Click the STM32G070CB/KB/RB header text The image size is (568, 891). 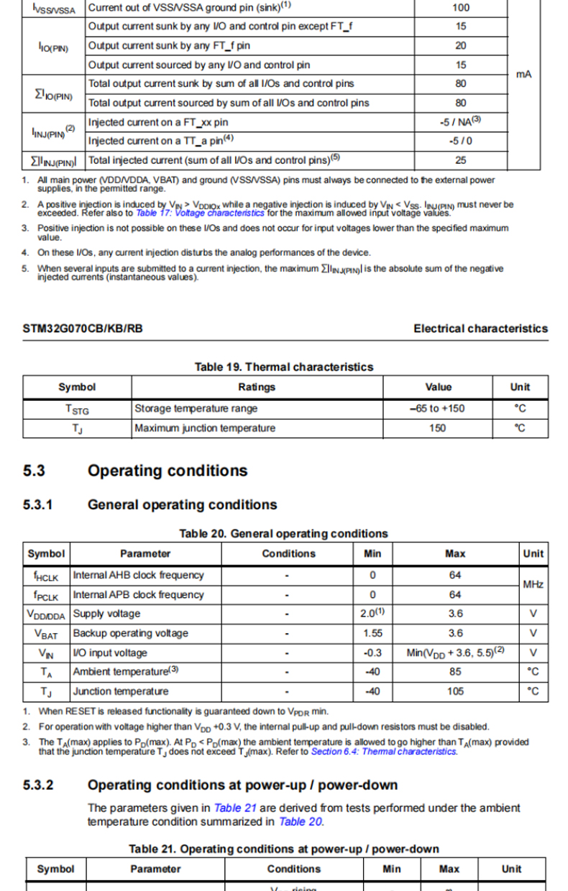[83, 328]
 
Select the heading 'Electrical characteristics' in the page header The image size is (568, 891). [480, 328]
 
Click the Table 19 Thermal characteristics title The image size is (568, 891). [284, 366]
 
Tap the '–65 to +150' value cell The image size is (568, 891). [438, 408]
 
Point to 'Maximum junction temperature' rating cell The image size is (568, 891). [205, 428]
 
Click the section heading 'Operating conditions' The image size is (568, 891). [167, 471]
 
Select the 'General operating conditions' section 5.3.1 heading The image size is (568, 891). [182, 504]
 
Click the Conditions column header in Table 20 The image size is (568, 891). [288, 554]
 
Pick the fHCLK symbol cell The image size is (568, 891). [46, 576]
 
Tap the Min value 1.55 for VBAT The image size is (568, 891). [372, 633]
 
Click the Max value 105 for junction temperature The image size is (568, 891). [454, 691]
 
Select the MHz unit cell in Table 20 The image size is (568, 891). [533, 585]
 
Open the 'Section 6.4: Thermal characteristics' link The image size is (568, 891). [383, 752]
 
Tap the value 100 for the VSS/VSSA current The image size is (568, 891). [461, 8]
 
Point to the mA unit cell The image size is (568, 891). [524, 74]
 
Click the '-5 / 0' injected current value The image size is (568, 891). [461, 141]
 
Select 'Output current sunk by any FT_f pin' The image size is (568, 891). [169, 45]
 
